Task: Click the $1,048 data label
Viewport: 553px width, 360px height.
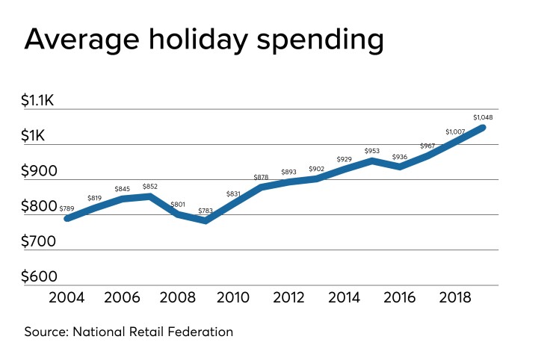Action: (484, 117)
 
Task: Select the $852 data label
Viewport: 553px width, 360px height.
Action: (149, 186)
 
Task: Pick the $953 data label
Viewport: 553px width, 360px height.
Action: (372, 151)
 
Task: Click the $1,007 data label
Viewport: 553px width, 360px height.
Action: (455, 132)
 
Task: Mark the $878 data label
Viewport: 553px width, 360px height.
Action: (261, 176)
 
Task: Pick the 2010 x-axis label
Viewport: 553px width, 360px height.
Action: (233, 298)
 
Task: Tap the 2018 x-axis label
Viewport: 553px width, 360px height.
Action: (454, 298)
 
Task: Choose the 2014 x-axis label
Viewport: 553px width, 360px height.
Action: (344, 298)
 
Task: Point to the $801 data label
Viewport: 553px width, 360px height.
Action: (178, 204)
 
